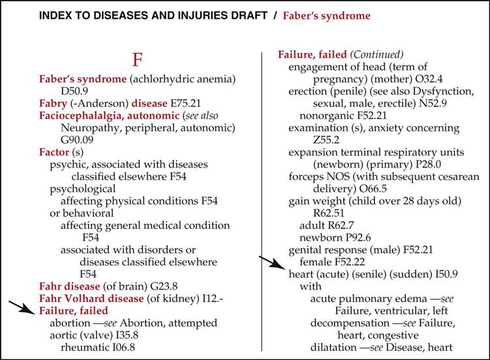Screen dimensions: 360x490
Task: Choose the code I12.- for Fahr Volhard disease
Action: tap(215, 299)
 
